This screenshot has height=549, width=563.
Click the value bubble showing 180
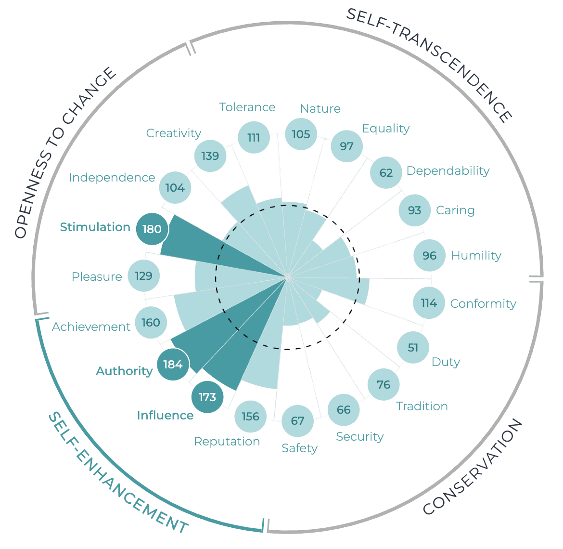point(152,229)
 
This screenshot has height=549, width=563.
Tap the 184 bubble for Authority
point(173,365)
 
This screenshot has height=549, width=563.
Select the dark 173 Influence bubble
point(207,397)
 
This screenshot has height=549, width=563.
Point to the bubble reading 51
point(413,348)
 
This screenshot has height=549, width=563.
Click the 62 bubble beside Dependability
point(386,173)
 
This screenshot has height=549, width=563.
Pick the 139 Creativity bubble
point(210,156)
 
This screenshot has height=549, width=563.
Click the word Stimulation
point(95,227)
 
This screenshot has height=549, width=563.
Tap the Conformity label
point(483,304)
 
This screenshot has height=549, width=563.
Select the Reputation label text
point(227,442)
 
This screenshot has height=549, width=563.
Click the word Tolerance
point(247,107)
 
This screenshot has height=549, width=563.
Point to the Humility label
point(476,256)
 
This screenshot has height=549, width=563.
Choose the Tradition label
point(422,406)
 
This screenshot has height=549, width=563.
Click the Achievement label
point(91,327)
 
